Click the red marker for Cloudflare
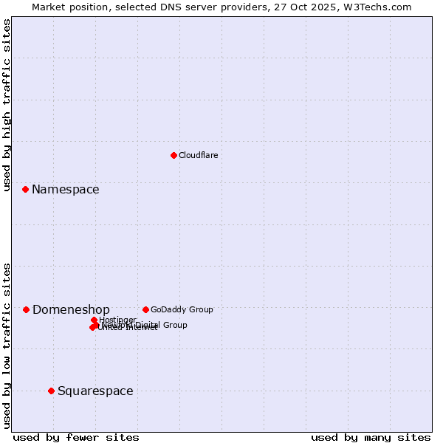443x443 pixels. (x=174, y=155)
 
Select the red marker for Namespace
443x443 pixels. (x=25, y=190)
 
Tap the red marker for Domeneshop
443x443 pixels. (x=26, y=309)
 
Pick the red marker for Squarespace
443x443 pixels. (x=51, y=391)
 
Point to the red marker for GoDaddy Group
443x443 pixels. (x=145, y=309)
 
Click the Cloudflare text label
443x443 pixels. (x=198, y=155)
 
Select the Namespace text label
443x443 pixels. (x=65, y=190)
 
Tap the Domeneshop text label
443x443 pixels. (x=71, y=310)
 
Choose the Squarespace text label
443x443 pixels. (x=95, y=391)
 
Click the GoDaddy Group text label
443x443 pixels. (x=182, y=309)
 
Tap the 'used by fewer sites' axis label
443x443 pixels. (x=76, y=437)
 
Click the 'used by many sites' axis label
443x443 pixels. (x=371, y=437)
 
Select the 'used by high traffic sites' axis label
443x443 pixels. (x=7, y=106)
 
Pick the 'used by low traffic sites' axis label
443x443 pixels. (x=7, y=345)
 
